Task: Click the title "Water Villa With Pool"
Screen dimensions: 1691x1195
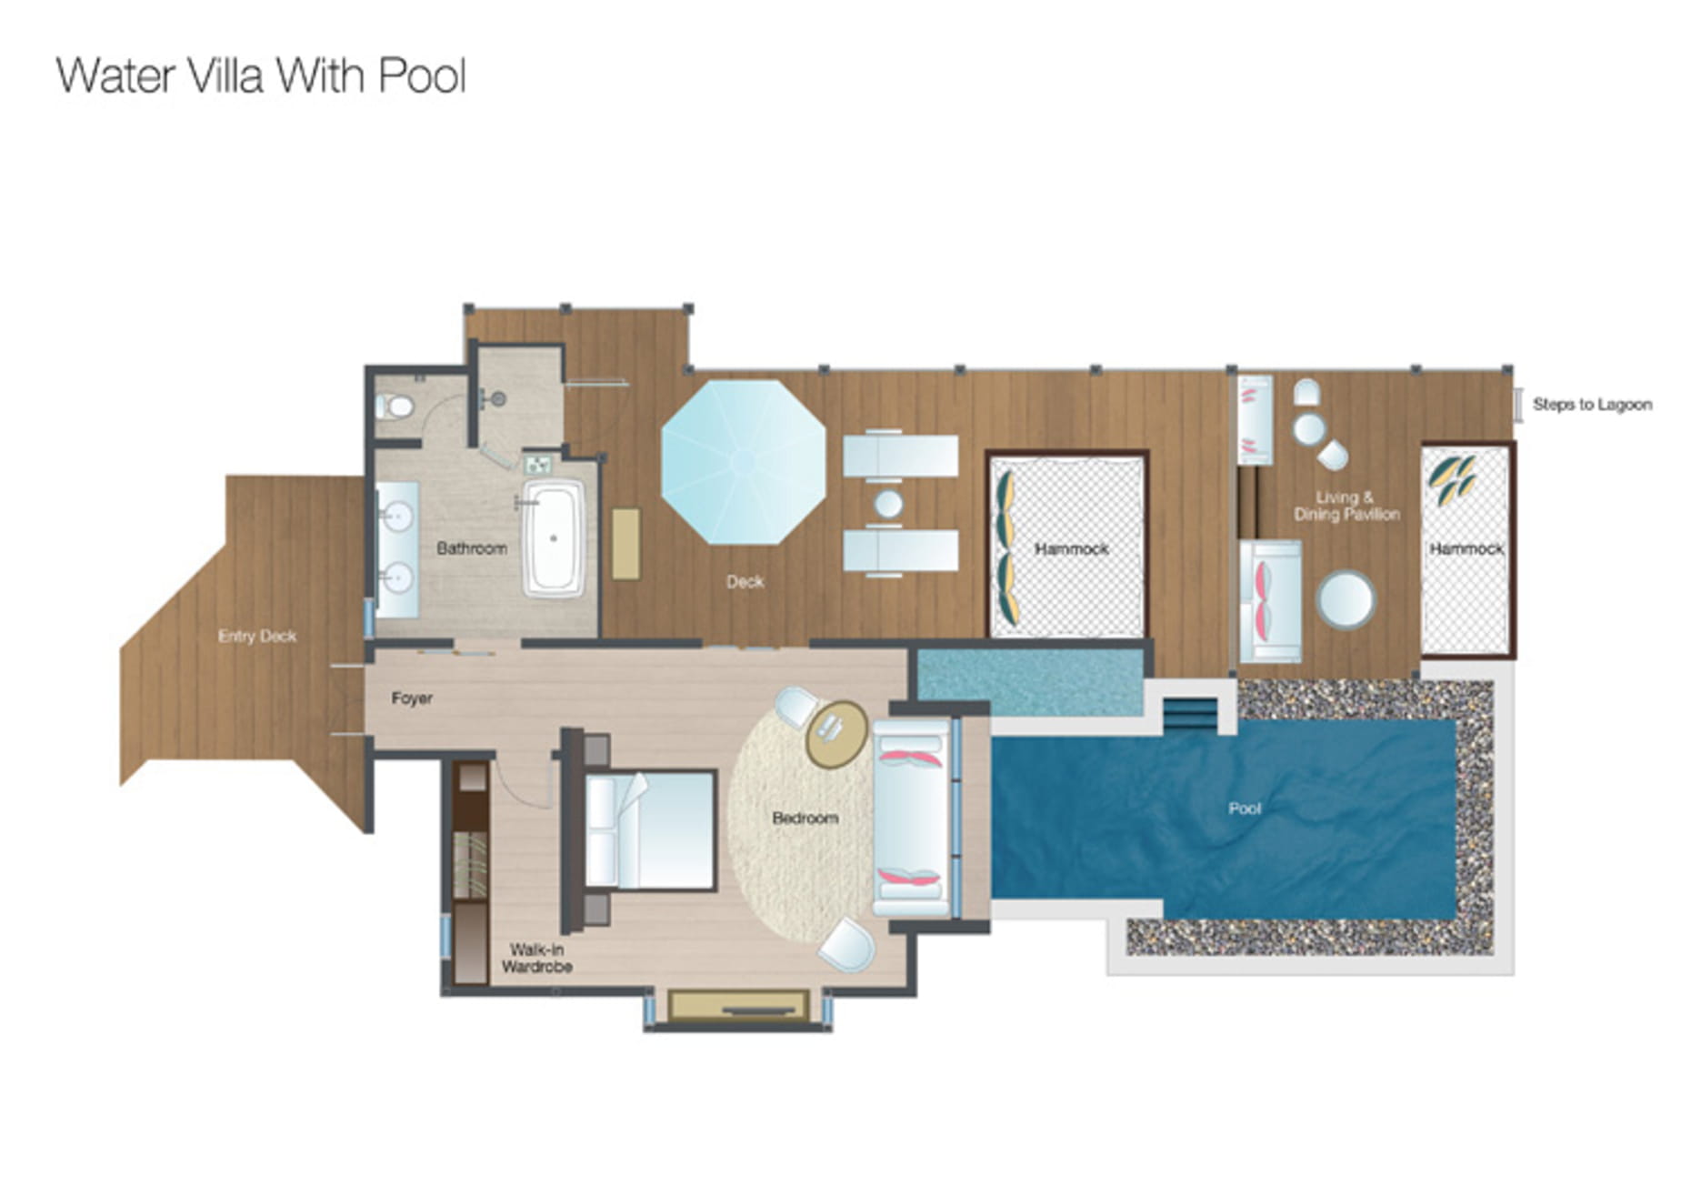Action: (261, 75)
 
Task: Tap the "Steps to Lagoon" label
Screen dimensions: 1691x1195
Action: (1592, 405)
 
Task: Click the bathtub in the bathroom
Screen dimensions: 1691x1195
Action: (553, 538)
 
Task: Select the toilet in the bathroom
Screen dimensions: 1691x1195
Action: (396, 406)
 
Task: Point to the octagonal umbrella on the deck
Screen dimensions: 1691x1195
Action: (743, 462)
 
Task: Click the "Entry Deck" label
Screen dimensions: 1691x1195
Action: (257, 636)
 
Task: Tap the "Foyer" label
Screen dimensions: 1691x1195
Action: (412, 698)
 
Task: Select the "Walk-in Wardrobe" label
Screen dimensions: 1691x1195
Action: (536, 959)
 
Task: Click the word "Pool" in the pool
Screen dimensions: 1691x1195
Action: (1245, 808)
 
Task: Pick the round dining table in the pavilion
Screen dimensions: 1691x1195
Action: (1346, 600)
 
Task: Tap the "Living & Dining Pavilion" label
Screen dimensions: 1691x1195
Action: (1346, 506)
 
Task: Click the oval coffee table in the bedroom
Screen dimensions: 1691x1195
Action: (836, 734)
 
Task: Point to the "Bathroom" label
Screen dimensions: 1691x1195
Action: (471, 548)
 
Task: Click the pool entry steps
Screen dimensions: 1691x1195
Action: (1190, 714)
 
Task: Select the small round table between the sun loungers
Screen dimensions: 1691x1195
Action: (888, 504)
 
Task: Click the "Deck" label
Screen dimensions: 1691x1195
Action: (745, 582)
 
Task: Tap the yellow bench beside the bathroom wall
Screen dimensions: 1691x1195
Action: (625, 544)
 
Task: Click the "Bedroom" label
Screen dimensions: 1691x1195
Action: (805, 818)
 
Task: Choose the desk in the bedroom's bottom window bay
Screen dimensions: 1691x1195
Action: (738, 1006)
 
